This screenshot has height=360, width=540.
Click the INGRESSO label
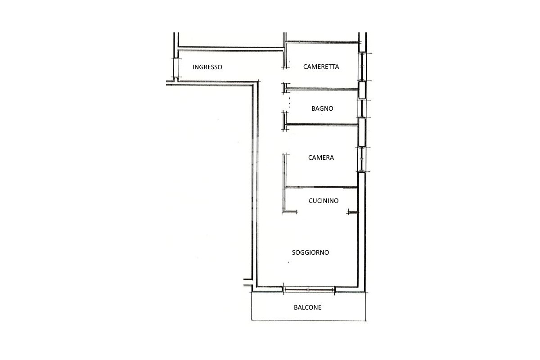207,67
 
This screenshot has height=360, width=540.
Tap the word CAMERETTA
321,67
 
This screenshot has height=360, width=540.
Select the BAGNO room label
322,108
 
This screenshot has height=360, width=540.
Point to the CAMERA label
321,157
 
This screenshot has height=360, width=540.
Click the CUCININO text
324,201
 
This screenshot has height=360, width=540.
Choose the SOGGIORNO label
310,252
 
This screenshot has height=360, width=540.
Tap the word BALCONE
308,308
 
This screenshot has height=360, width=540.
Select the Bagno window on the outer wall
361,108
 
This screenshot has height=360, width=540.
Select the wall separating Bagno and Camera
322,124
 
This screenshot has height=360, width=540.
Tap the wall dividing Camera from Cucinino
322,187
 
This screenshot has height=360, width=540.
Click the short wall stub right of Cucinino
353,212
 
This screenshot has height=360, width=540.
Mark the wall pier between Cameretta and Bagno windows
361,90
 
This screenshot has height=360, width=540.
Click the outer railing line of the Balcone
309,320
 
